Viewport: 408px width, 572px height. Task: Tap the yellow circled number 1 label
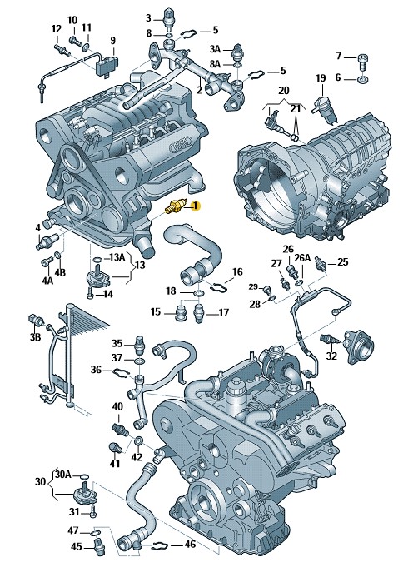tap(195, 206)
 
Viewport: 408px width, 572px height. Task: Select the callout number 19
tap(321, 77)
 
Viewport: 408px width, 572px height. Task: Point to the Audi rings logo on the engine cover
tap(181, 145)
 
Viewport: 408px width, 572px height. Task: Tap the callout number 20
tap(284, 91)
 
